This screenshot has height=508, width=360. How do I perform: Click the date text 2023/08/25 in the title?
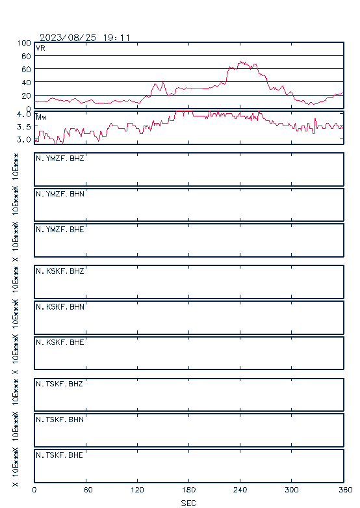click(68, 38)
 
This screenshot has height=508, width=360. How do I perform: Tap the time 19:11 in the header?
click(116, 38)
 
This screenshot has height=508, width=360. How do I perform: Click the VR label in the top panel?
click(40, 48)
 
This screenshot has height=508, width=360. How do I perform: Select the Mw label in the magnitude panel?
click(41, 117)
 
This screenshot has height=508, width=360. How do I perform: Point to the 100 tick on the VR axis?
click(24, 43)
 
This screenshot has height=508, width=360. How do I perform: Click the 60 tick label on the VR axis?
click(26, 70)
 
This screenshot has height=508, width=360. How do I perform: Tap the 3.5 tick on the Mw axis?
click(24, 127)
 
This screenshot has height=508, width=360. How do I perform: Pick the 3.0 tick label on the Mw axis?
click(24, 140)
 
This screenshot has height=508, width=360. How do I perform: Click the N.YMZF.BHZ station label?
click(60, 158)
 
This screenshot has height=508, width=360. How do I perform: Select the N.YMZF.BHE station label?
click(60, 230)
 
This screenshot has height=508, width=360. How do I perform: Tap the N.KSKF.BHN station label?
click(60, 306)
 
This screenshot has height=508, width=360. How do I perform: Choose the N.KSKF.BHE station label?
click(60, 342)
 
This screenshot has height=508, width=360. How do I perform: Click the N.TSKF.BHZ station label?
click(59, 384)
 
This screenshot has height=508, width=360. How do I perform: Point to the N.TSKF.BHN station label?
click(60, 420)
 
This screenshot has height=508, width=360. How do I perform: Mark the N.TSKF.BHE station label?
click(59, 455)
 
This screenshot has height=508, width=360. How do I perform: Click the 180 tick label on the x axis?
click(188, 490)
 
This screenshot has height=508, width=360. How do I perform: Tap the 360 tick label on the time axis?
click(346, 490)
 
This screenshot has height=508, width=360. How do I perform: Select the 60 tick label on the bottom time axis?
click(88, 490)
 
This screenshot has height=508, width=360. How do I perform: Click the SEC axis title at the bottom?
click(188, 503)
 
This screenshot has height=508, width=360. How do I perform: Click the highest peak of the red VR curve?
click(241, 62)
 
